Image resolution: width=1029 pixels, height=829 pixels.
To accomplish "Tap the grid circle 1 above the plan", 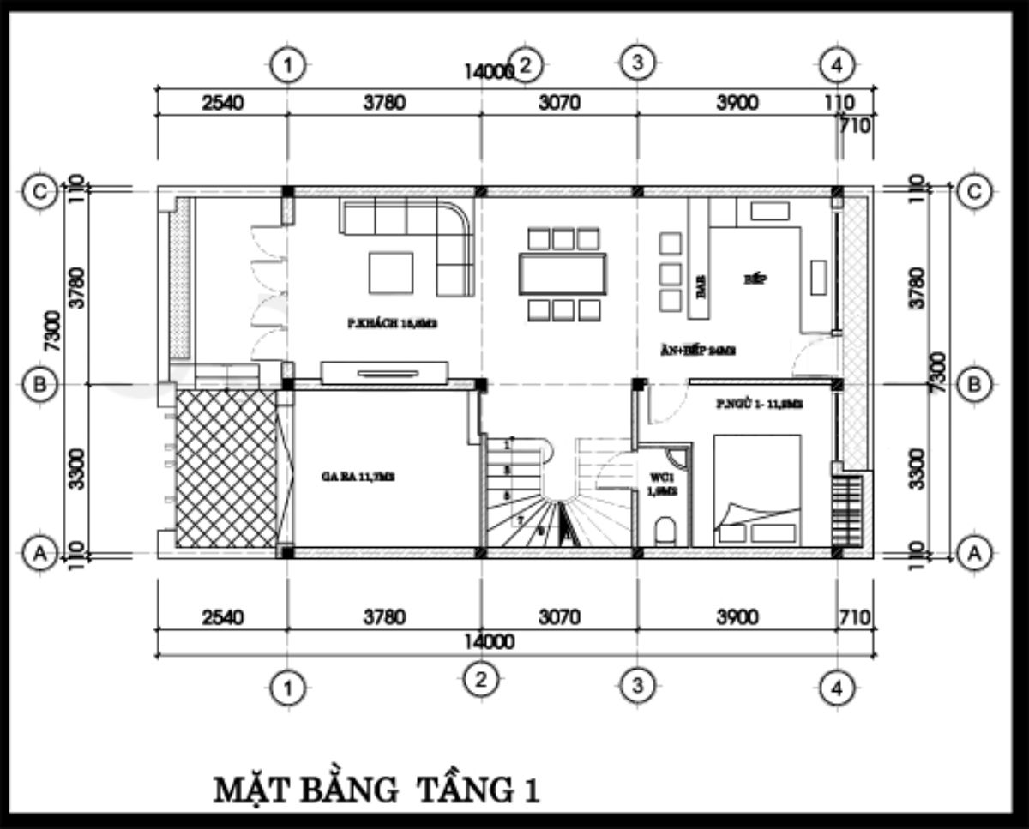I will (288, 64).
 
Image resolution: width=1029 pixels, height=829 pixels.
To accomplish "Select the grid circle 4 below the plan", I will (836, 687).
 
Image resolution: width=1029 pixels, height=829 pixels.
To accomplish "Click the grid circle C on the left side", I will (39, 193).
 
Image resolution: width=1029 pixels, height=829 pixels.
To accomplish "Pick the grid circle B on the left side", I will (39, 386).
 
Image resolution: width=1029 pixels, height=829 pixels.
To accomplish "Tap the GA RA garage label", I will (346, 478).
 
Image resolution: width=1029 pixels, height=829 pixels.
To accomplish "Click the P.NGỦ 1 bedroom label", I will (759, 405).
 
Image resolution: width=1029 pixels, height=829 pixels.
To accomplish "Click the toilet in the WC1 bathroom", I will (665, 532).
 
